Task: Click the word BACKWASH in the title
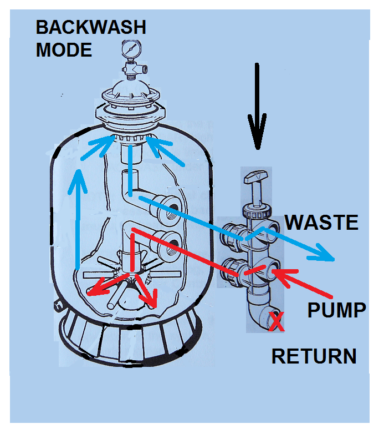91,28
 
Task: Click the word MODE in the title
64,50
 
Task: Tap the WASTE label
321,223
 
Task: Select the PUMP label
337,310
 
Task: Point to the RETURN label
314,356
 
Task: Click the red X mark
276,322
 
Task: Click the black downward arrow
257,105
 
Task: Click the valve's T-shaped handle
257,178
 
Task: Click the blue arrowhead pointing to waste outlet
327,256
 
